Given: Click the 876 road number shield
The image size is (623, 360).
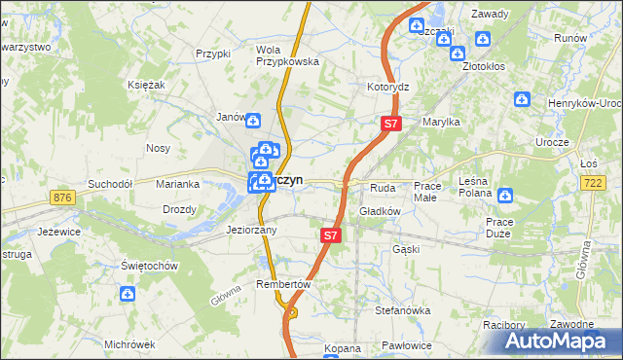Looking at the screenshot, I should tap(64, 198).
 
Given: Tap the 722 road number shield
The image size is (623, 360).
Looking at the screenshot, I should tap(593, 182).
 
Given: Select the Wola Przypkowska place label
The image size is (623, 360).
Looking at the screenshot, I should tap(288, 54).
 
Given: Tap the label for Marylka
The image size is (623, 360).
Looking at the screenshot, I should tap(440, 122).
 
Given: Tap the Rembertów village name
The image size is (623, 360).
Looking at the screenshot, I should tap(282, 284).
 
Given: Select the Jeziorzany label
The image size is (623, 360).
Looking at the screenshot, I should tap(251, 231).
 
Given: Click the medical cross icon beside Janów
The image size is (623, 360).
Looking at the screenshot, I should tap(253, 121).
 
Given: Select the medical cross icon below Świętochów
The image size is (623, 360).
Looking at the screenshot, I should tap(128, 293).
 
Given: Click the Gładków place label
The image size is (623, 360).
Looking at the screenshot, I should tap(381, 210).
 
